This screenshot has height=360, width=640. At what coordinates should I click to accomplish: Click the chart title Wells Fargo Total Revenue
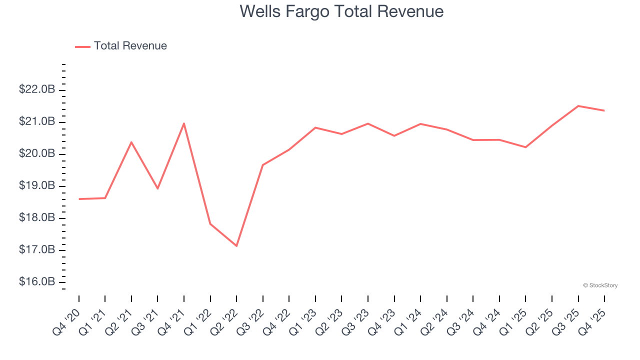(x=341, y=11)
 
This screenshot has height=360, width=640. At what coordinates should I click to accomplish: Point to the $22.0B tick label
(x=37, y=90)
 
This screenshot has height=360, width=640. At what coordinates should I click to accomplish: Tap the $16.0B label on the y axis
(x=37, y=282)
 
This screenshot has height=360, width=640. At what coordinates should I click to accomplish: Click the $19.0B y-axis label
(x=37, y=186)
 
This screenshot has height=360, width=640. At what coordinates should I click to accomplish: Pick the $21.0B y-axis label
(x=37, y=122)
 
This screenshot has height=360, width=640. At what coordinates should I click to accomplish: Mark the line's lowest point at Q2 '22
(x=236, y=246)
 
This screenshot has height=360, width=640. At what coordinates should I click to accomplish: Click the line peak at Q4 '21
(x=184, y=123)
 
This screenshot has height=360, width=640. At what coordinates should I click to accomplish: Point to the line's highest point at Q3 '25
(x=578, y=106)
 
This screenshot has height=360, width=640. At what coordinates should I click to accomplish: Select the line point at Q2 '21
(x=131, y=142)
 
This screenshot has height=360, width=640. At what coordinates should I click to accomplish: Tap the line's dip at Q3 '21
(x=157, y=188)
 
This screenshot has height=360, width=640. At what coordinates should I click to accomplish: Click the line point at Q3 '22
(x=263, y=165)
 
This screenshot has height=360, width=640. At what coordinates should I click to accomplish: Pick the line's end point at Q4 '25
(x=604, y=110)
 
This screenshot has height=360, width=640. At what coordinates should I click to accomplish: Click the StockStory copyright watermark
(x=600, y=285)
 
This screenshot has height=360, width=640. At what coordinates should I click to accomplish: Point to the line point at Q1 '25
(x=525, y=147)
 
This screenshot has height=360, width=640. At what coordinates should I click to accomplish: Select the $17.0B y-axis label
(x=37, y=250)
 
